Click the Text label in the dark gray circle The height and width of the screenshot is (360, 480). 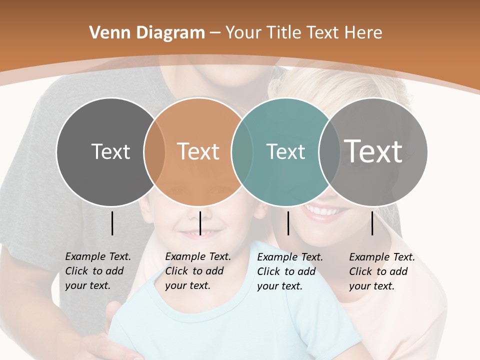[x=110, y=151]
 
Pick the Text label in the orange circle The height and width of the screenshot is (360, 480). [x=198, y=151]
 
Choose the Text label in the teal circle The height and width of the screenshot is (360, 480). [x=285, y=151]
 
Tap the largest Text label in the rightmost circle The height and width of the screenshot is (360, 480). [x=373, y=151]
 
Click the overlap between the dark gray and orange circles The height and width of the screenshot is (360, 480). [x=154, y=151]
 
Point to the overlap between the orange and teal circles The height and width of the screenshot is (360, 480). [x=242, y=151]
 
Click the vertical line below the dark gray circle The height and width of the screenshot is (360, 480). [x=112, y=223]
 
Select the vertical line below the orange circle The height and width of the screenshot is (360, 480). [x=200, y=223]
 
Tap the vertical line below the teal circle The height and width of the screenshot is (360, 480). [x=288, y=223]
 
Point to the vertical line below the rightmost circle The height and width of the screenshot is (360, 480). [x=372, y=223]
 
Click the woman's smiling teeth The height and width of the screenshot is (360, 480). [x=322, y=212]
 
